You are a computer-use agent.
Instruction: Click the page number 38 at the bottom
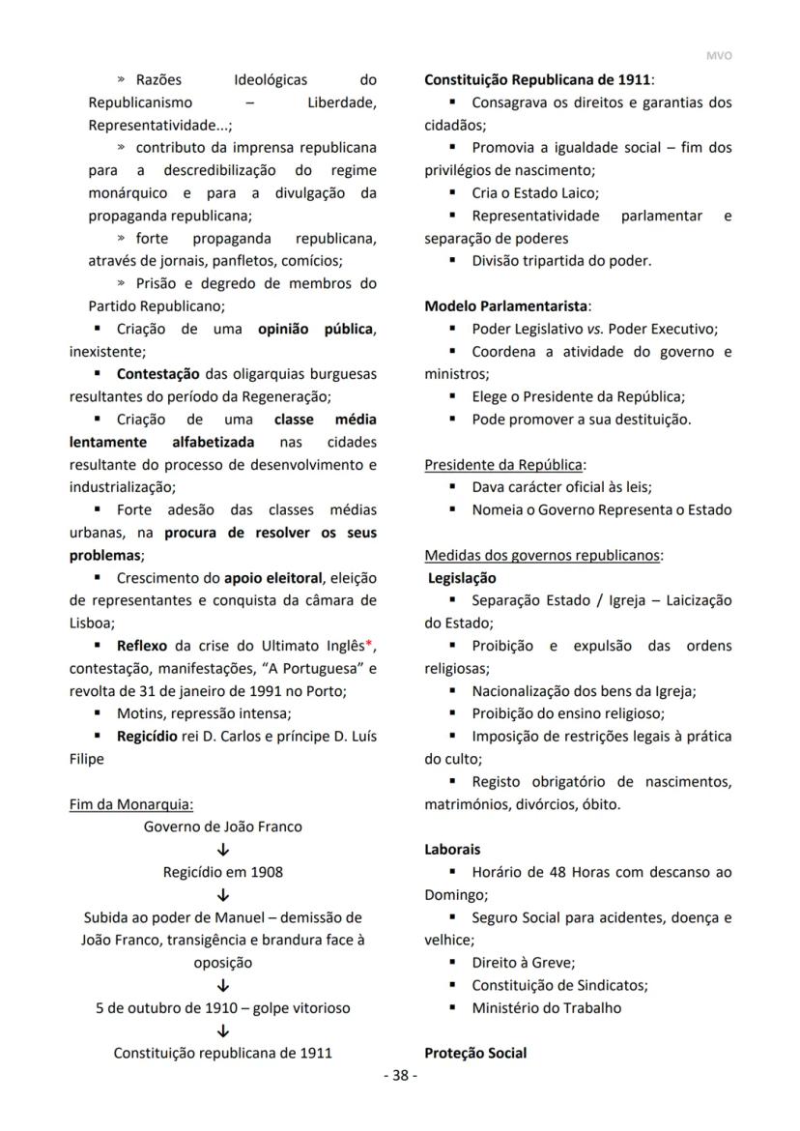coord(400,1077)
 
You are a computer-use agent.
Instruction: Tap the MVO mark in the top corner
coord(719,56)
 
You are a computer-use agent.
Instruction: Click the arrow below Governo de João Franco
coord(223,850)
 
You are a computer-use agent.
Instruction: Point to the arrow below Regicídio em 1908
coord(223,895)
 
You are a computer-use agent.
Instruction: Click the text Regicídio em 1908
coord(223,872)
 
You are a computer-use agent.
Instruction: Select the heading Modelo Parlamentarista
coord(507,305)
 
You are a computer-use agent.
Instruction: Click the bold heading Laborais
coord(452,850)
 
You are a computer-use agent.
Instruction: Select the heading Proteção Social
coord(475,1053)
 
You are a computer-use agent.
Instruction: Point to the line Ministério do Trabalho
coord(546,1007)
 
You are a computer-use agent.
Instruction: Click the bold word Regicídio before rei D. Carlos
coord(146,737)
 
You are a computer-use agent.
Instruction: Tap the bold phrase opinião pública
coord(315,329)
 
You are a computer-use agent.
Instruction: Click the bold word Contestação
coord(157,374)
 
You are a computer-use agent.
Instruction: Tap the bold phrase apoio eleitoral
coord(273,578)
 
